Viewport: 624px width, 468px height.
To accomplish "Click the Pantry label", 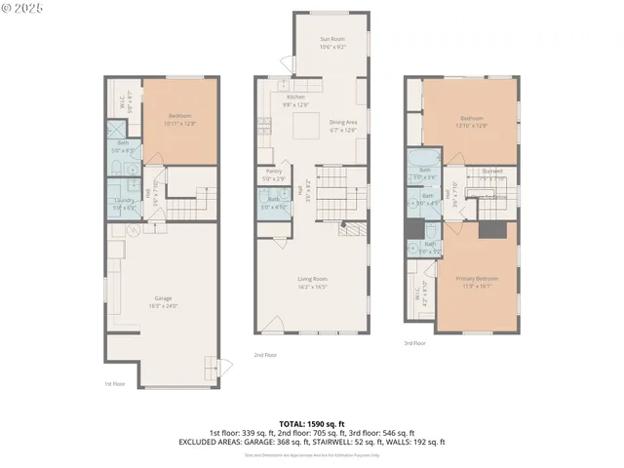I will pyautogui.click(x=274, y=175).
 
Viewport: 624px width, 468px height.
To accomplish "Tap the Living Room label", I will pyautogui.click(x=313, y=283).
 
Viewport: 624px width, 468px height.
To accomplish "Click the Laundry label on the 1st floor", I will pyautogui.click(x=123, y=204).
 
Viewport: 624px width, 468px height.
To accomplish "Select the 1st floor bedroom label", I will pyautogui.click(x=180, y=119).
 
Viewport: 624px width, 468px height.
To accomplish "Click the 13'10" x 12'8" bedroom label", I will pyautogui.click(x=472, y=120).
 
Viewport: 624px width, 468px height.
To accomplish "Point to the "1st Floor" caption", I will pyautogui.click(x=115, y=383).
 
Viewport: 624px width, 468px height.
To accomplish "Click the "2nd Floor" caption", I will pyautogui.click(x=264, y=355).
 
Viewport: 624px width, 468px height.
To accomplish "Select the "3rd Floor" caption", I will pyautogui.click(x=414, y=343).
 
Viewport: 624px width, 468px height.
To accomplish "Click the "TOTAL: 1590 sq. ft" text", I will pyautogui.click(x=311, y=423).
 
